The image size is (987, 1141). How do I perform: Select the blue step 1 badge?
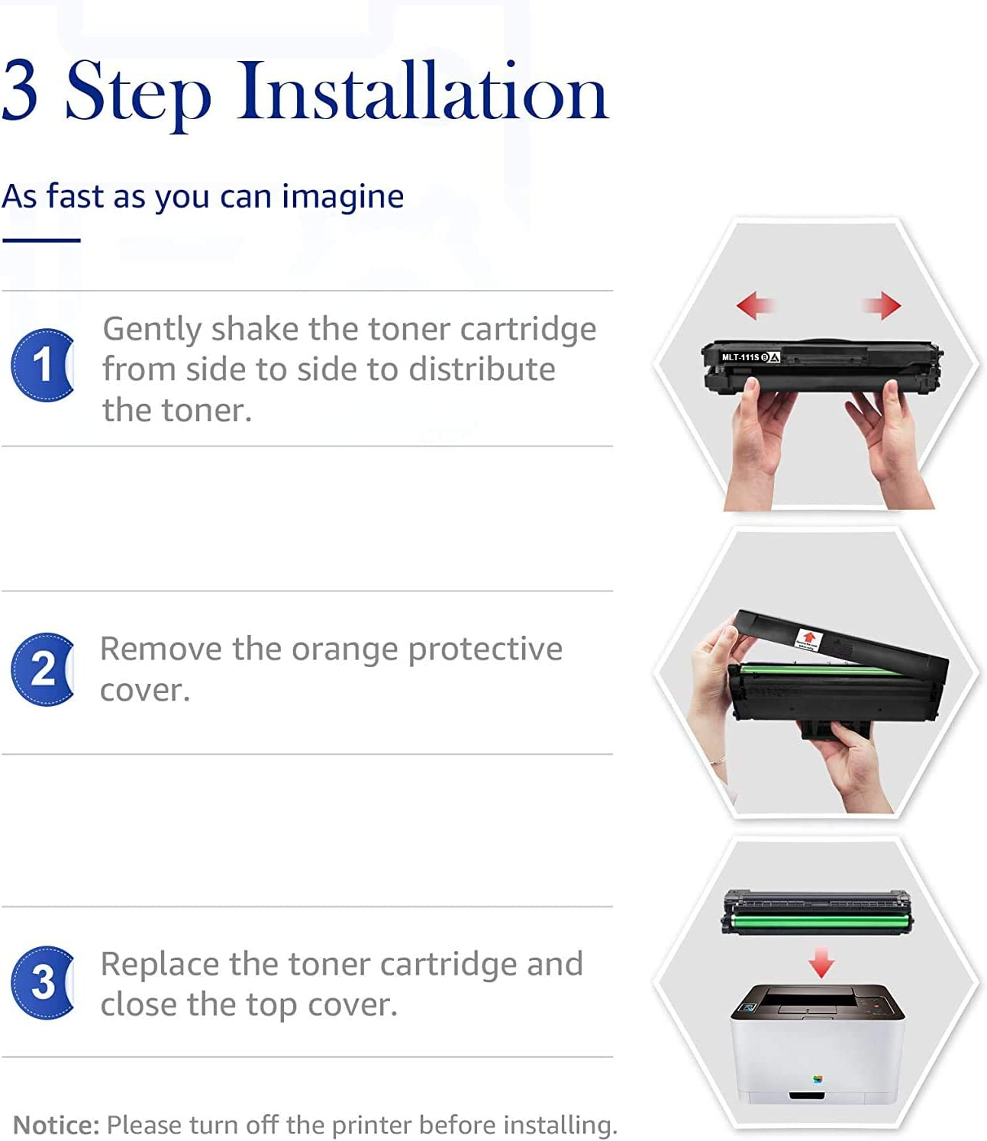pos(42,365)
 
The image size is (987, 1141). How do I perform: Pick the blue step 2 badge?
pos(42,669)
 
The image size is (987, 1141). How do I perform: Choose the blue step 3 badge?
pos(42,982)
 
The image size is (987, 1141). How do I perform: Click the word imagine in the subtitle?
pos(343,197)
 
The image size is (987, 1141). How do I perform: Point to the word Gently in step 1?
pos(152,330)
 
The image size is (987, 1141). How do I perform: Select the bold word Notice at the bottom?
pos(56,1125)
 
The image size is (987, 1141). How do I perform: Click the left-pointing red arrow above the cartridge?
pos(755,305)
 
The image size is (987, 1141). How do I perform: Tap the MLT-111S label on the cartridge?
pos(740,357)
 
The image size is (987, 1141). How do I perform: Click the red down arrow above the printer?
pos(821,962)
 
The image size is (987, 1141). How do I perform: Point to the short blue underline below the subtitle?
pos(41,240)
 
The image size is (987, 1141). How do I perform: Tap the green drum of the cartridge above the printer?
pos(818,923)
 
